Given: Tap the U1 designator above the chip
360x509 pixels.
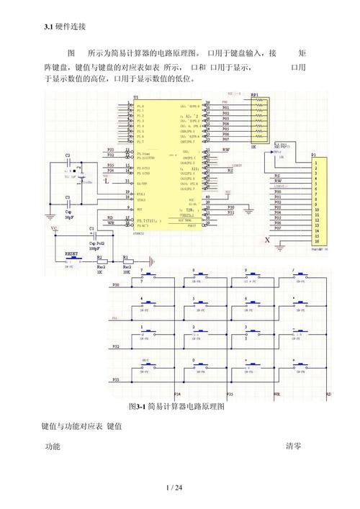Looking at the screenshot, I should (x=135, y=99).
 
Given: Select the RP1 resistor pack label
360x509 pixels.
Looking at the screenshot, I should (x=255, y=94).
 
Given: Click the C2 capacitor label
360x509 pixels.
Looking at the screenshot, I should (x=68, y=155).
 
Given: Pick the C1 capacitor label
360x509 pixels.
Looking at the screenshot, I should (x=91, y=228).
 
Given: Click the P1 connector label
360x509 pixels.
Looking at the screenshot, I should (x=313, y=155).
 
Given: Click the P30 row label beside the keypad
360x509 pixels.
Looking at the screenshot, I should (x=116, y=286).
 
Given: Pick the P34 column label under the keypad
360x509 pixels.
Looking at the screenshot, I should (x=178, y=395).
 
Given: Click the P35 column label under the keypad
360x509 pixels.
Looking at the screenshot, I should (x=230, y=395).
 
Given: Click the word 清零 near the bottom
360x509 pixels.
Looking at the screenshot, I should (x=293, y=446).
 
